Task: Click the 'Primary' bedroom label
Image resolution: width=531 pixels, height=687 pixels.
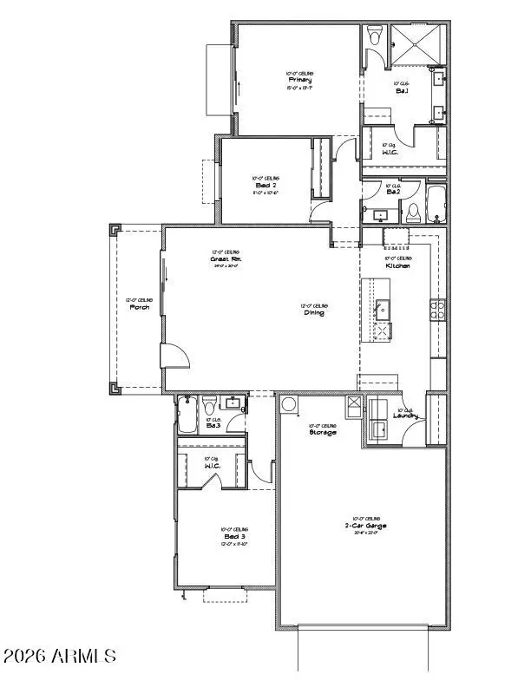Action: [300, 80]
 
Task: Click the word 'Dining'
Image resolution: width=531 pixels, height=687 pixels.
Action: [314, 312]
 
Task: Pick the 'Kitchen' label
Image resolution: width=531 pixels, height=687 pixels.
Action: [398, 265]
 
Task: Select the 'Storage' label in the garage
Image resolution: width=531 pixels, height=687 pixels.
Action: [323, 432]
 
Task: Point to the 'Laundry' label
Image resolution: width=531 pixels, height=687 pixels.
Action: [404, 416]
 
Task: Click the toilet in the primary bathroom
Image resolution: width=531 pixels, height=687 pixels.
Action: [375, 36]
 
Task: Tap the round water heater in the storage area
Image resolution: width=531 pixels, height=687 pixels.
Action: [289, 404]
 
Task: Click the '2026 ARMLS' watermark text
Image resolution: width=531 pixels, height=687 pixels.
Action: [60, 655]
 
